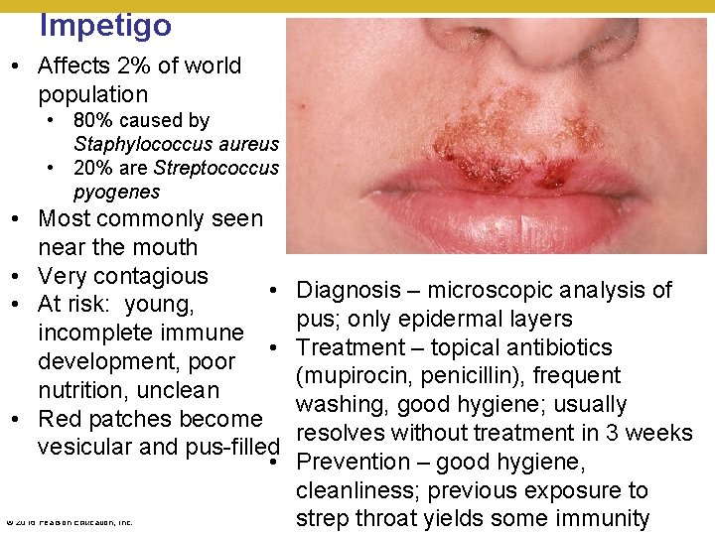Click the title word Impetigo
click(105, 24)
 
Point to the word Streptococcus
click(215, 168)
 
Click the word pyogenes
click(116, 192)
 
